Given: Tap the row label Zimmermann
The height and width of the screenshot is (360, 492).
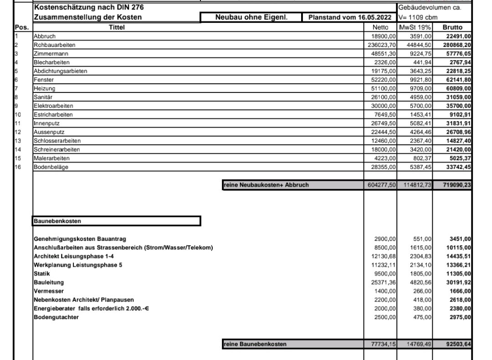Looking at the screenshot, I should tap(47, 53).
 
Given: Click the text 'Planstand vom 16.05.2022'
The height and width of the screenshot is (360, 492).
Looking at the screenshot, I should tap(350, 17).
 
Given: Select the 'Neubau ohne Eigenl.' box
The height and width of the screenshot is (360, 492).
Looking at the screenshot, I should tap(251, 17).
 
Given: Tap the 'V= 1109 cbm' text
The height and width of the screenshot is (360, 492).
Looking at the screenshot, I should tap(418, 18).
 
